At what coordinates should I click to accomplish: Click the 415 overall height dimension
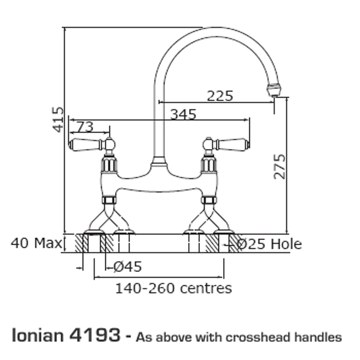tap(58, 119)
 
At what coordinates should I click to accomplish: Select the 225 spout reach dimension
tap(220, 96)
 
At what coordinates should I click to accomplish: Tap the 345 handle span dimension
tap(183, 114)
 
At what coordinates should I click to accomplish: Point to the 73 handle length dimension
tap(85, 127)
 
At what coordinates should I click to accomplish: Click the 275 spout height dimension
tap(279, 166)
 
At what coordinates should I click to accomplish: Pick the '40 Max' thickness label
tap(36, 244)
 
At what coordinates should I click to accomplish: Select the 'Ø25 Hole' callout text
tap(269, 244)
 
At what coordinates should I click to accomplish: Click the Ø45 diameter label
tap(127, 266)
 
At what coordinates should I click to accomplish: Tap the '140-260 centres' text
tap(174, 288)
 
